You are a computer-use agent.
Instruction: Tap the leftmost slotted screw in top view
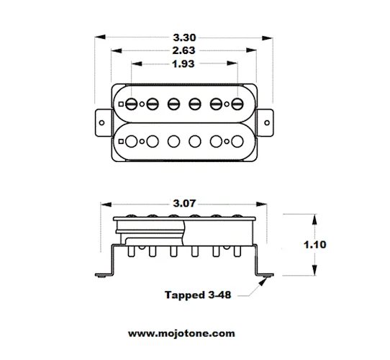(x=131, y=104)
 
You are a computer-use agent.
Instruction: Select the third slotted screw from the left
(x=173, y=104)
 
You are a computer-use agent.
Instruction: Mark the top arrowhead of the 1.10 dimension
(x=312, y=216)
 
